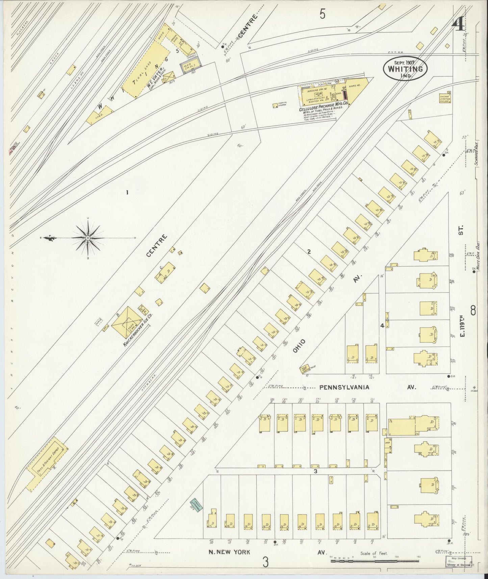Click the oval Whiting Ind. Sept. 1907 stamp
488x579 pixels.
point(405,68)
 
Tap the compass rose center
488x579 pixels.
point(87,238)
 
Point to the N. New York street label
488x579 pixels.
point(230,552)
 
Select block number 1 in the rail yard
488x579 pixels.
point(127,193)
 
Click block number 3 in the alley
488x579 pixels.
point(315,471)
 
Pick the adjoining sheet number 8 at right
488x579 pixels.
point(473,310)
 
